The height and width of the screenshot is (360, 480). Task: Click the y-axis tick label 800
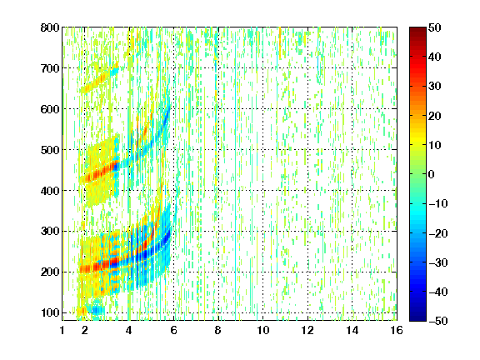(x=50, y=27)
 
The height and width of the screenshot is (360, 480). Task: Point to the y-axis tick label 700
(x=50, y=68)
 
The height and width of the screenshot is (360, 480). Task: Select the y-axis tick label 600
(x=50, y=109)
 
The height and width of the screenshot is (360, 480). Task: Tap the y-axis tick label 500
(x=50, y=150)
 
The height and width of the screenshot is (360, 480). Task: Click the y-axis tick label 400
(x=50, y=191)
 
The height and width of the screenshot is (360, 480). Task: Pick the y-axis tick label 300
(x=50, y=232)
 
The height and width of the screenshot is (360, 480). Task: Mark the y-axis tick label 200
(x=50, y=272)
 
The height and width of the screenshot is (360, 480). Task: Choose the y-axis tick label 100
(x=50, y=312)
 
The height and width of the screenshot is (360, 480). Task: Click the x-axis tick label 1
(x=62, y=330)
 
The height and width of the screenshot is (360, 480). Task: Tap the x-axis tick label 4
(x=129, y=330)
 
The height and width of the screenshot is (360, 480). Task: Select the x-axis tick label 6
(x=173, y=330)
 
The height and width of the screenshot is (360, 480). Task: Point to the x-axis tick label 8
(x=218, y=330)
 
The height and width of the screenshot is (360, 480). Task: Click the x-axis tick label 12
(x=307, y=330)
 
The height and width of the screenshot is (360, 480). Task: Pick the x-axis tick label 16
(x=397, y=330)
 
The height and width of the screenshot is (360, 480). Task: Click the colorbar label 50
(x=435, y=27)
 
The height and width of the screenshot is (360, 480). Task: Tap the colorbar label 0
(x=432, y=174)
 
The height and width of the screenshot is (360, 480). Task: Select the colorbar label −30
(x=438, y=262)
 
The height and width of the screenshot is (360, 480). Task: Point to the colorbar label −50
(x=438, y=321)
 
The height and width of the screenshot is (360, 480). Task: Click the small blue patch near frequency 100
(x=97, y=310)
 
